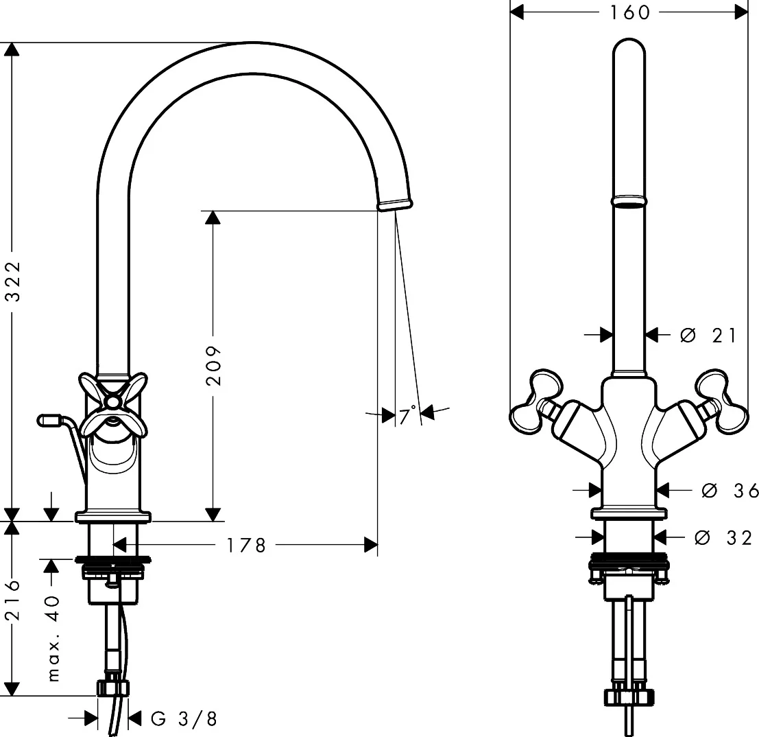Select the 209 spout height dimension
point(213,365)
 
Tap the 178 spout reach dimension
point(246,546)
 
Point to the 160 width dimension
point(629,12)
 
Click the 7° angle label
point(407,416)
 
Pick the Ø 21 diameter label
point(708,336)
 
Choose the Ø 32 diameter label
point(723,537)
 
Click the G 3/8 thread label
point(184,718)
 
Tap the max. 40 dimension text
point(53,639)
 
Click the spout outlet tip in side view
point(396,204)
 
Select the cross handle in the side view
point(113,403)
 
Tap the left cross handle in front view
point(537,401)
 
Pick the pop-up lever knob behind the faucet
point(49,419)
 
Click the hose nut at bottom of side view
point(113,688)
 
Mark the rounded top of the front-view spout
point(629,49)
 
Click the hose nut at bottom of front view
point(629,697)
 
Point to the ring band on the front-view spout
point(629,201)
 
